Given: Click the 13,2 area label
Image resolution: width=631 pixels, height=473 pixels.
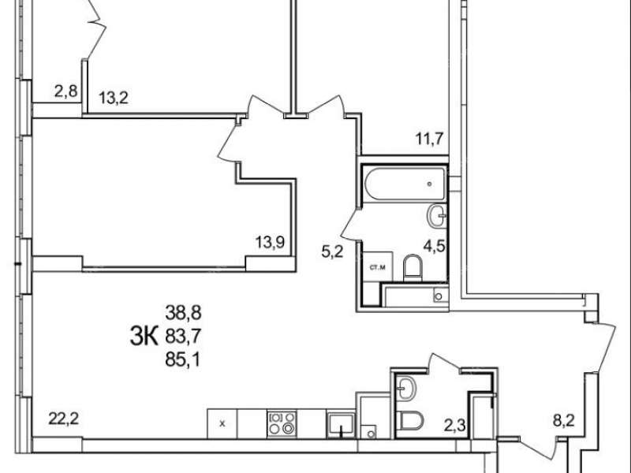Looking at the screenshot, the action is tap(114, 97).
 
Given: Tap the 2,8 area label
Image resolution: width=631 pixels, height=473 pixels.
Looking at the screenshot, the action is tap(65, 91).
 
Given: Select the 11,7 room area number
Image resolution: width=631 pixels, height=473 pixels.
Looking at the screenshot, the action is tap(429, 140).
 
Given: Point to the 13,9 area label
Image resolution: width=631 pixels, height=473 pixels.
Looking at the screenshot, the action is tap(270, 242).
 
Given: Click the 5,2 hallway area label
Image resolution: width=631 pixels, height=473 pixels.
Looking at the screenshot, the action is tap(332, 251).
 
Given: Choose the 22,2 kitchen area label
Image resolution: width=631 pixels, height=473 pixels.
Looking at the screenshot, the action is tap(64, 419).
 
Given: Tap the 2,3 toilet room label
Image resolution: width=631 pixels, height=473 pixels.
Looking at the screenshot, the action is tap(455, 425).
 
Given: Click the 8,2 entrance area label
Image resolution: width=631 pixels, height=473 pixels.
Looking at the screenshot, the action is tap(563, 421).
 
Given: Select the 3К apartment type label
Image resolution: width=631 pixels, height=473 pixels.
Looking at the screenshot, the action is tap(144, 337).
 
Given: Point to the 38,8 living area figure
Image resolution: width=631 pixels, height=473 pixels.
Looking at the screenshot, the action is tap(183, 312).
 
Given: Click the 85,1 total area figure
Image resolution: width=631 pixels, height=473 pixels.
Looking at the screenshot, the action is tap(183, 359).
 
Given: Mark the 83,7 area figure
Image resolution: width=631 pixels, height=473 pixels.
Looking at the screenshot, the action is tap(183, 336).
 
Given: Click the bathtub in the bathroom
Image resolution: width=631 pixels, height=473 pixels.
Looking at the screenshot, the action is tap(405, 184).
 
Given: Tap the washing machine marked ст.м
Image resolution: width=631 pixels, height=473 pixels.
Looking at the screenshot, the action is tap(378, 266).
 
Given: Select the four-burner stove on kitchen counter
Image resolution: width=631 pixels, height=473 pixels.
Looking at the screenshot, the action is tap(282, 424).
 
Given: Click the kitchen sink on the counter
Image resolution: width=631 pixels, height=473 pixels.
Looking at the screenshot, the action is tap(341, 425).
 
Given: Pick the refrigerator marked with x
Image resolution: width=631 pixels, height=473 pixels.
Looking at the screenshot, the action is tap(222, 424).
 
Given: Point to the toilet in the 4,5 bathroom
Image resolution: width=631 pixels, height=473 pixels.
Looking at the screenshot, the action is tap(413, 267).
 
